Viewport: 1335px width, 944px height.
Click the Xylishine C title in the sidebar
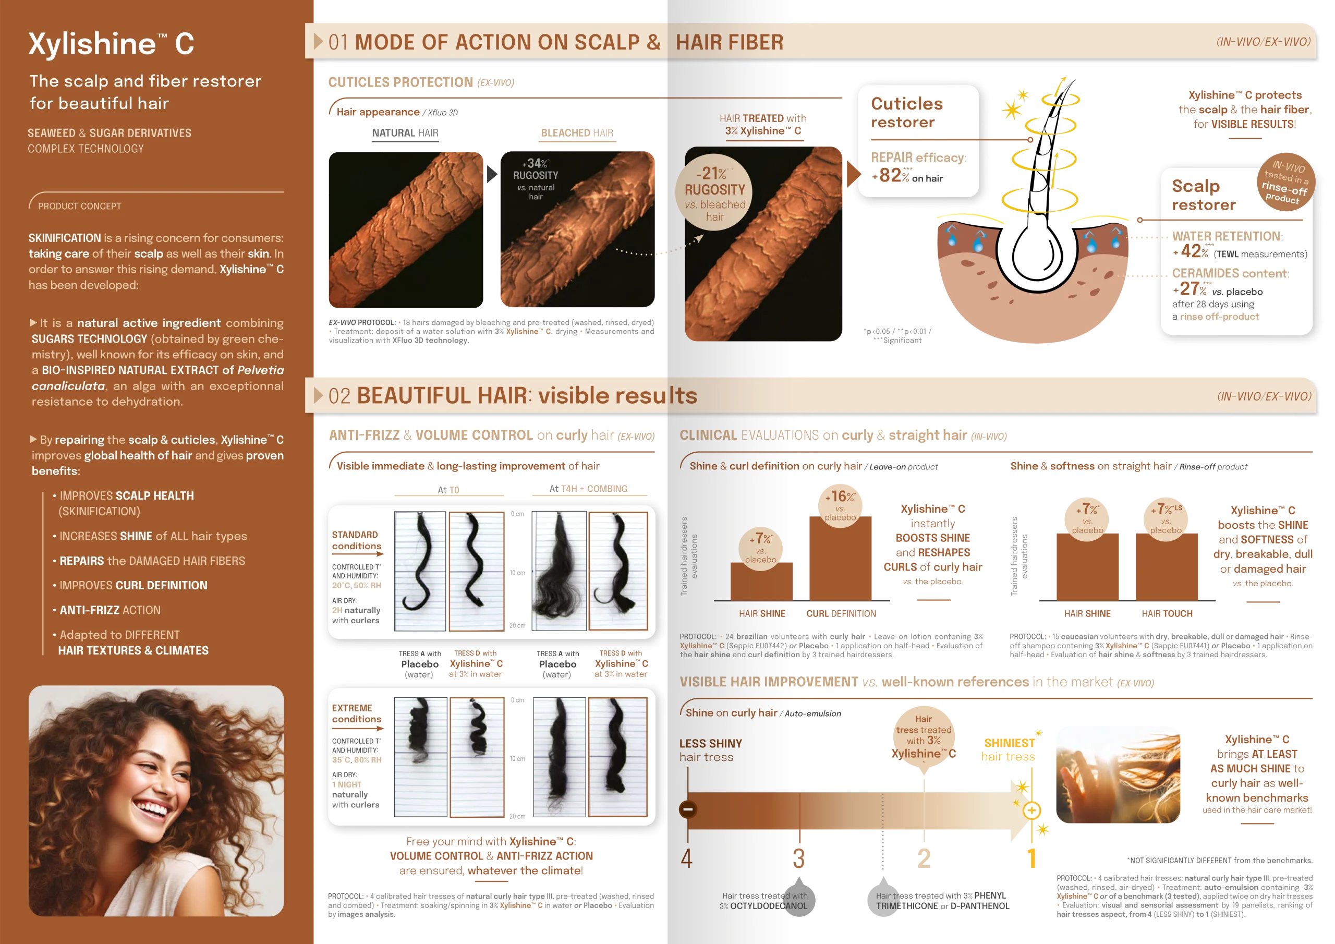[x=111, y=44]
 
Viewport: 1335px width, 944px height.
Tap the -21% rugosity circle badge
[x=714, y=192]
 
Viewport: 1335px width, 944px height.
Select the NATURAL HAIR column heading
[x=405, y=133]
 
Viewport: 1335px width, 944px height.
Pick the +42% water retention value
[x=1193, y=251]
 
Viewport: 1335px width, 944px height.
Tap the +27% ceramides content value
[x=1192, y=288]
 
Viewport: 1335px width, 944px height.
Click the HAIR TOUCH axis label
[x=1167, y=614]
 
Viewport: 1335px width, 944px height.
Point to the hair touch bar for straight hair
[x=1167, y=566]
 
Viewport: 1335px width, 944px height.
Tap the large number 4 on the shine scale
[x=687, y=858]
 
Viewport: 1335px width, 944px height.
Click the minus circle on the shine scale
[x=688, y=809]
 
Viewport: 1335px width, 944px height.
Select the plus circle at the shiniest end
[x=1031, y=810]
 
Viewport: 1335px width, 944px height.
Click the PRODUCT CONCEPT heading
[x=80, y=206]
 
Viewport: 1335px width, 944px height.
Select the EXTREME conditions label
[x=356, y=713]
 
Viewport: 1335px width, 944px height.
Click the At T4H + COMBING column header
[x=588, y=489]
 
